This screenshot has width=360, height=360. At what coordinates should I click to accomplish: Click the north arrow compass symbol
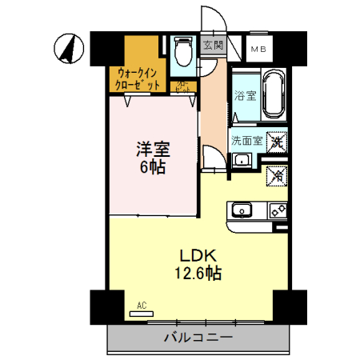pyautogui.click(x=68, y=50)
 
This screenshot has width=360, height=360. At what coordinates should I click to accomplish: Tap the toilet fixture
pyautogui.click(x=182, y=54)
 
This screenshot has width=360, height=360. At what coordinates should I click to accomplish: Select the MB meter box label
pyautogui.click(x=259, y=50)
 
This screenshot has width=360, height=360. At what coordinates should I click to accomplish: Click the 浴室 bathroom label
pyautogui.click(x=245, y=97)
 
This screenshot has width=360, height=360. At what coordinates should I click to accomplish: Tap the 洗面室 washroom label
pyautogui.click(x=245, y=140)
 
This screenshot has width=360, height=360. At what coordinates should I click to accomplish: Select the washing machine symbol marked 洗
pyautogui.click(x=277, y=142)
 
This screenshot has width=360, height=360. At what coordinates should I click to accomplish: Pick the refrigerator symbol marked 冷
pyautogui.click(x=277, y=172)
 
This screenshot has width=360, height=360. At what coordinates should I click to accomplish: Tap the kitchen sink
pyautogui.click(x=242, y=211)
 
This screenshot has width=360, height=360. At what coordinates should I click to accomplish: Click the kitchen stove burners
pyautogui.click(x=277, y=211)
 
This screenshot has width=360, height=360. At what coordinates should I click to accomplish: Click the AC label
pyautogui.click(x=142, y=306)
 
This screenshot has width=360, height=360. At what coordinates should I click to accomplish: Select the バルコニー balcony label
pyautogui.click(x=198, y=338)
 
